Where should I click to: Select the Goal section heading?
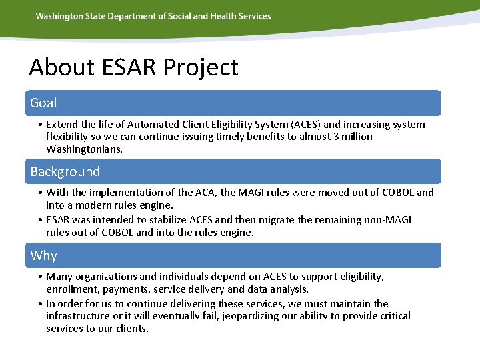(x=43, y=103)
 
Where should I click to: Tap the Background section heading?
(x=65, y=171)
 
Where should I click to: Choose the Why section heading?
(x=43, y=255)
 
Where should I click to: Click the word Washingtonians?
(x=84, y=149)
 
